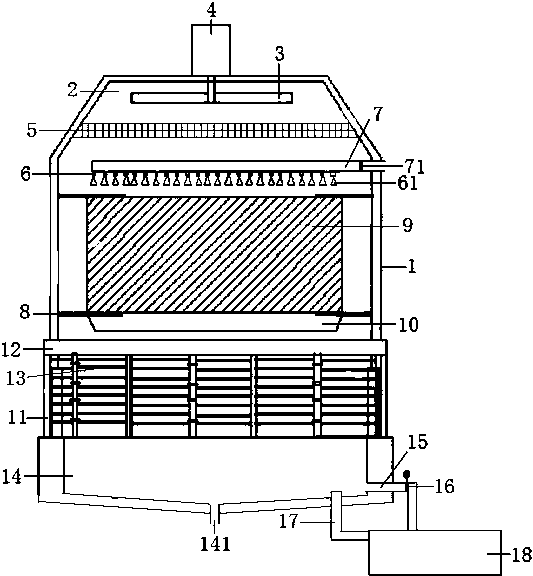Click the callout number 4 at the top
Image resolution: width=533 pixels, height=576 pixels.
(211, 12)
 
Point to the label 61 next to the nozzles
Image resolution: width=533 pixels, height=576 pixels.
(408, 184)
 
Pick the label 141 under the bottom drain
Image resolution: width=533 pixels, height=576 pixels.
(216, 545)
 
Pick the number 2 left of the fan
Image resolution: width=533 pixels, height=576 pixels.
(72, 91)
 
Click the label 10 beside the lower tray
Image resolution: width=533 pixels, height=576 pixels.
(408, 325)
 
